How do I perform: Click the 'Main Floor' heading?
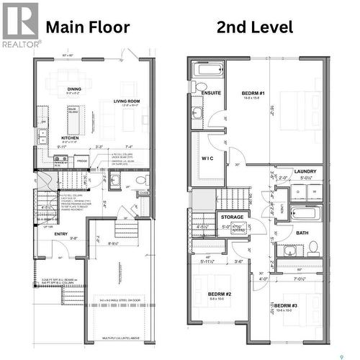pos(88,27)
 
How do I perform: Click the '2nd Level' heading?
pos(255,27)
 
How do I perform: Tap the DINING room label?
pos(75,89)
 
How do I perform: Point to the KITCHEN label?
pos(69,138)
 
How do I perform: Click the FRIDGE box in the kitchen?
pos(82,161)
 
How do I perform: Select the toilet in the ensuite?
pos(198,88)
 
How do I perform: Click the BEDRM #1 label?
pos(253,94)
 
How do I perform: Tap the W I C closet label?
pos(208,158)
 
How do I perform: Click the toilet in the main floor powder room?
pos(141,180)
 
